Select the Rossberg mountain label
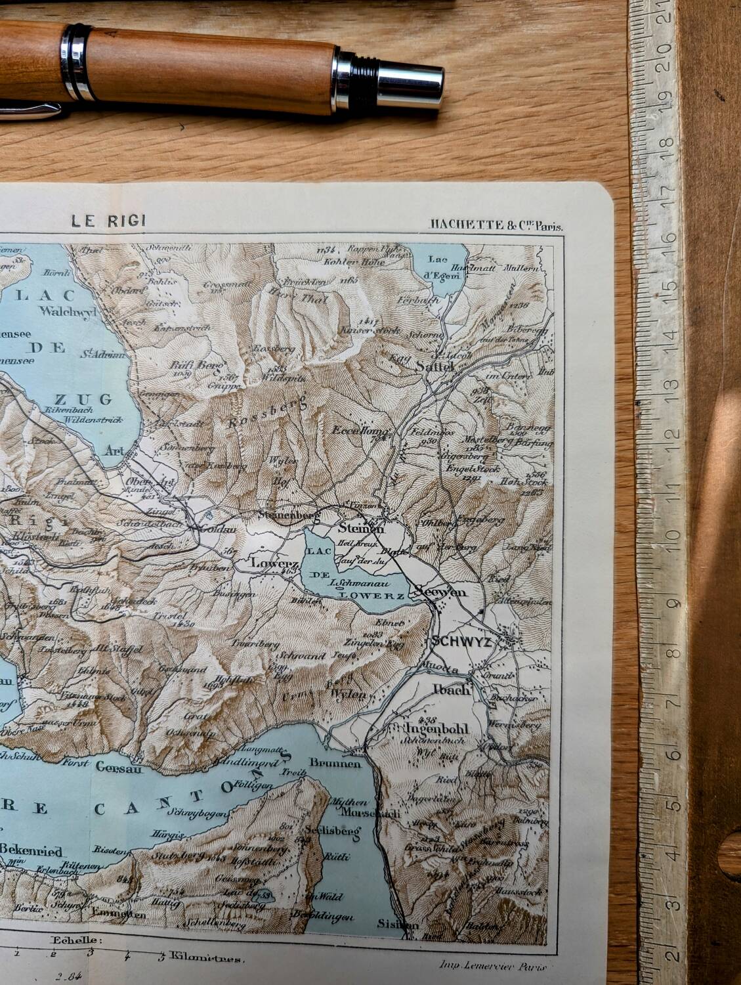268,414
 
